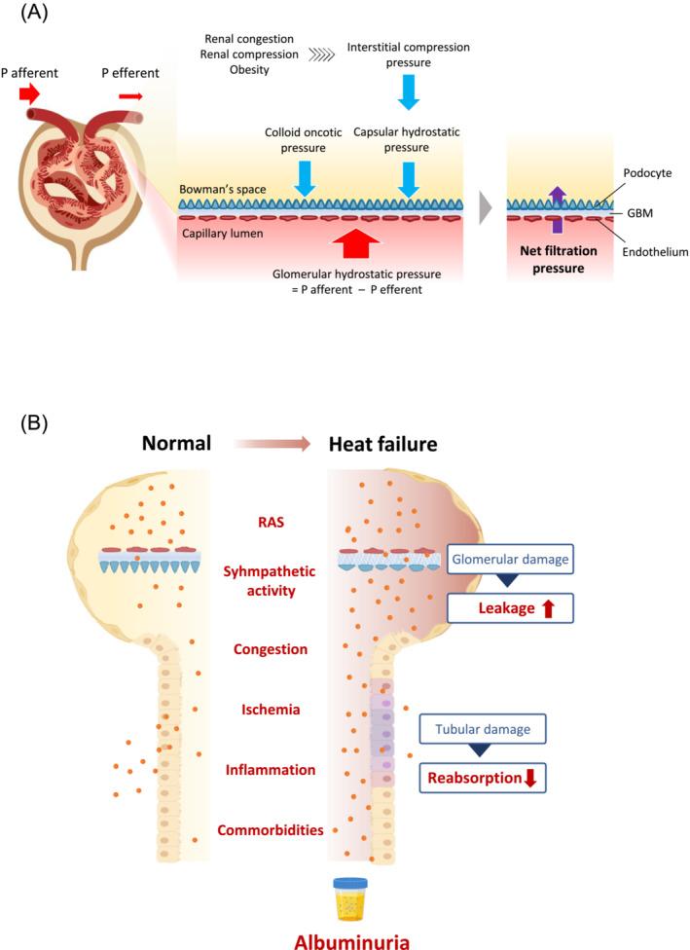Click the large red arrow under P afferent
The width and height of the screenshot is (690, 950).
click(x=29, y=93)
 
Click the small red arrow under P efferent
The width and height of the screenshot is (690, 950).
click(x=130, y=95)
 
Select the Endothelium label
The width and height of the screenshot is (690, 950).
click(x=655, y=251)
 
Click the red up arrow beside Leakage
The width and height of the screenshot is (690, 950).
click(x=547, y=609)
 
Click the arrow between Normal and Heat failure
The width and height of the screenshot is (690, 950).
click(x=272, y=444)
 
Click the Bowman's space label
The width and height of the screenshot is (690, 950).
click(x=219, y=190)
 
